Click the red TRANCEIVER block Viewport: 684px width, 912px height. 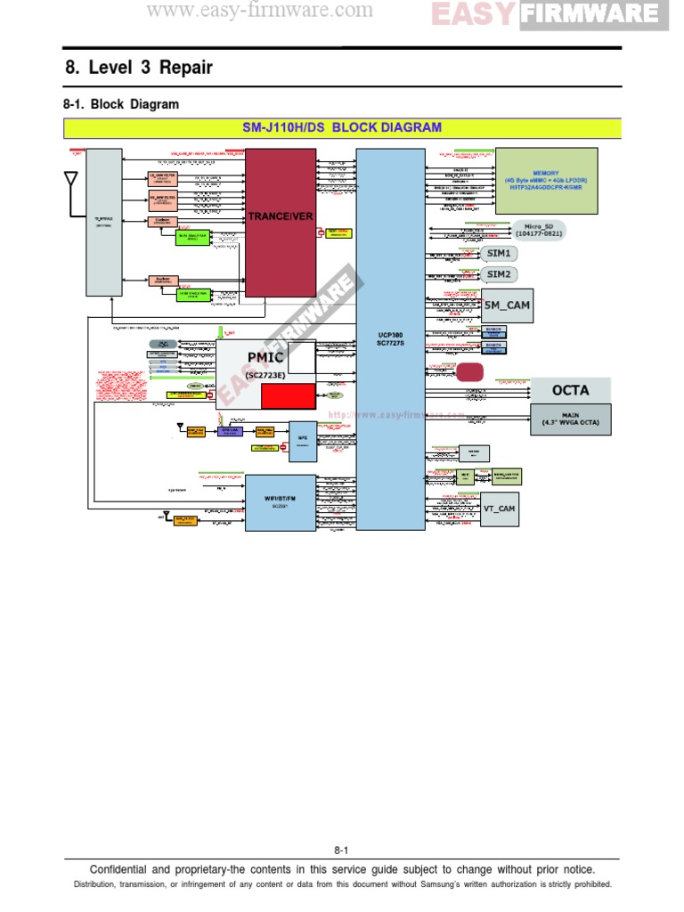(281, 217)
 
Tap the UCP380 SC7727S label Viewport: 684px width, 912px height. (390, 339)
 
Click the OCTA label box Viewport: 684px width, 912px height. (571, 390)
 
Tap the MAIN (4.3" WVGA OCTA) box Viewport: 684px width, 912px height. (571, 419)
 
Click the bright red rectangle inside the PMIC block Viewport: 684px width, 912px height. (287, 395)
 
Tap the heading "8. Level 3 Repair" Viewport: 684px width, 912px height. (139, 68)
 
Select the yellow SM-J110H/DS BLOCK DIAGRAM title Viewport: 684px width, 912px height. (342, 127)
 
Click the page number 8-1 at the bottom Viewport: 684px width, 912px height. (342, 850)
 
